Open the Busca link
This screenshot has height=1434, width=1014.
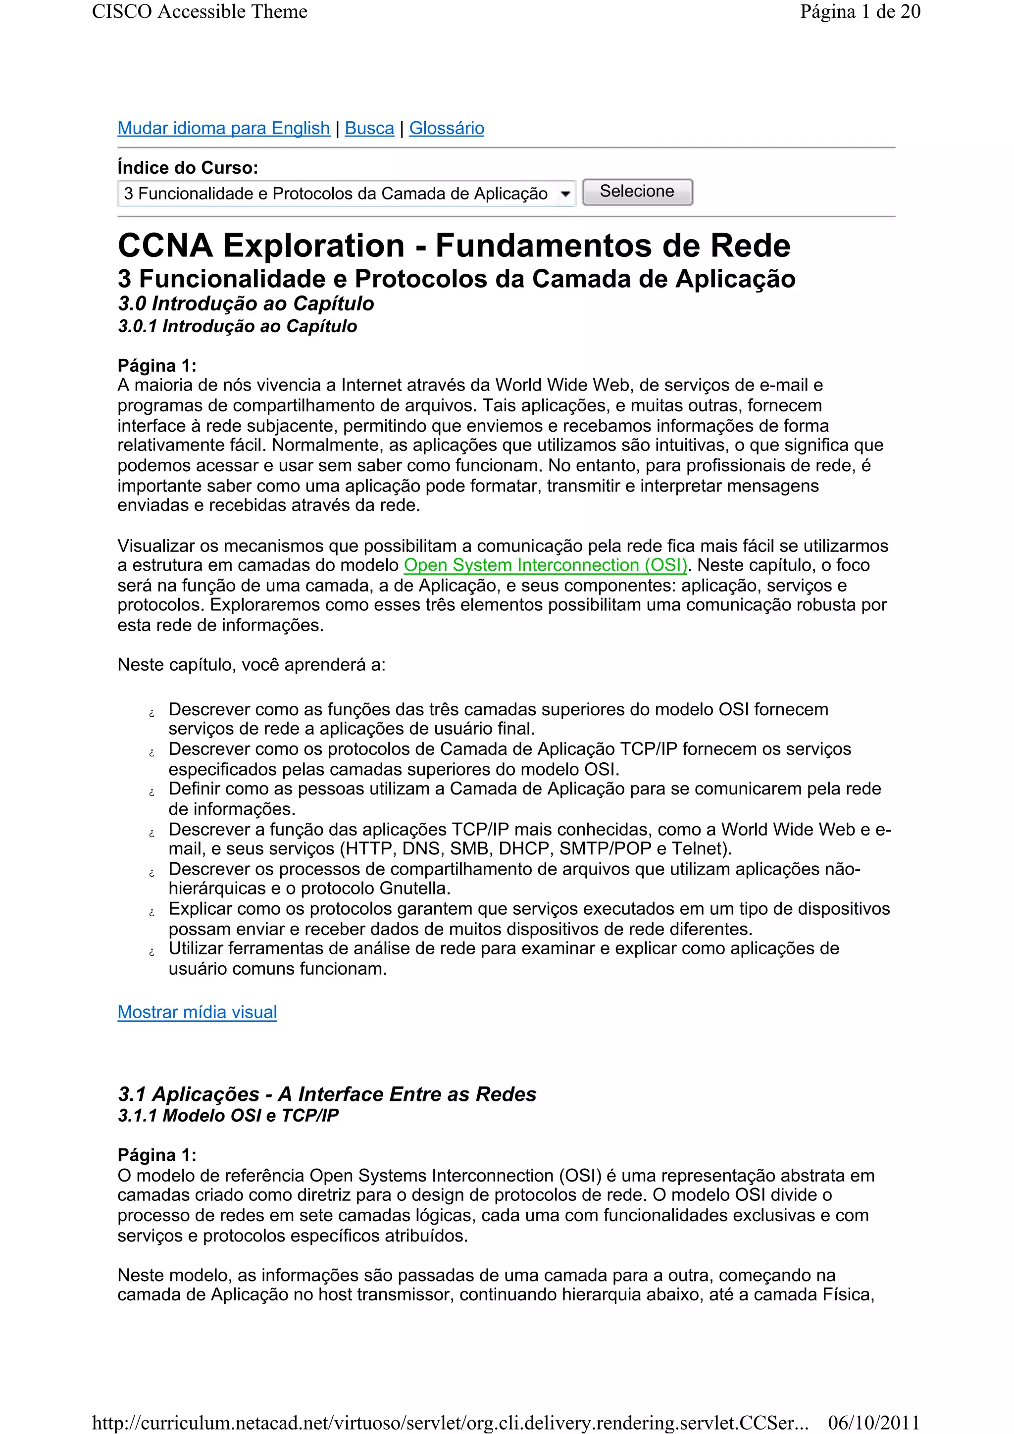pyautogui.click(x=369, y=128)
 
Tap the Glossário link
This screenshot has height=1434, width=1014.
pyautogui.click(x=446, y=128)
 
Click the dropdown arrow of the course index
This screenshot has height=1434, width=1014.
pyautogui.click(x=565, y=194)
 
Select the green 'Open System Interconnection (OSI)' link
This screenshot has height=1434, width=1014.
pyautogui.click(x=545, y=565)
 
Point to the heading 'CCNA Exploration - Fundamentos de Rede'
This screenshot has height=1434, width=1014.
pyautogui.click(x=454, y=246)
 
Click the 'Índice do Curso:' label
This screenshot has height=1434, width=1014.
pyautogui.click(x=188, y=167)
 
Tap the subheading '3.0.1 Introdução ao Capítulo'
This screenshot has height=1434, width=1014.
pyautogui.click(x=238, y=326)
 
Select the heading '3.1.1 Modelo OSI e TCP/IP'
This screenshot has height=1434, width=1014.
pyautogui.click(x=228, y=1116)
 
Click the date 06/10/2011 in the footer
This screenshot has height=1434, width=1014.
pyautogui.click(x=873, y=1422)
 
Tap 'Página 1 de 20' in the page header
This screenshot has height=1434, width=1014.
pyautogui.click(x=860, y=12)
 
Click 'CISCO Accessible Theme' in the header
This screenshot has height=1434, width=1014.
pyautogui.click(x=200, y=12)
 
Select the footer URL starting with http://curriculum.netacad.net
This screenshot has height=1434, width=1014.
pyautogui.click(x=450, y=1422)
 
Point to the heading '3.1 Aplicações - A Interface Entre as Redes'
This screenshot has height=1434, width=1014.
pyautogui.click(x=327, y=1094)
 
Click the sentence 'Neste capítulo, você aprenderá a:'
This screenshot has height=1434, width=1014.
pyautogui.click(x=251, y=665)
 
